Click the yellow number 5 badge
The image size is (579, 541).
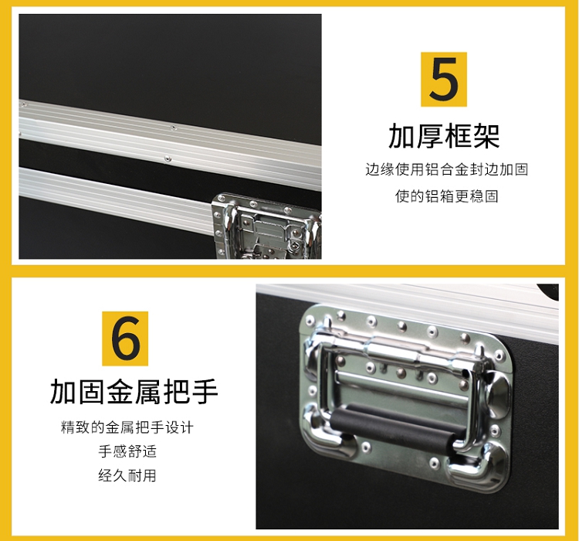click(444, 80)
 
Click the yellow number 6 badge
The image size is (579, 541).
click(125, 339)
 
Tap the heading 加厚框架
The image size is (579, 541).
click(444, 137)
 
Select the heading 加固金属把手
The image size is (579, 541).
click(134, 392)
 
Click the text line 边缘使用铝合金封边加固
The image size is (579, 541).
click(447, 170)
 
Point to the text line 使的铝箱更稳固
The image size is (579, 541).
click(447, 196)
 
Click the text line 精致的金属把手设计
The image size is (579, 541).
click(127, 427)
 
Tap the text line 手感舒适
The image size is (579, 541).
click(127, 451)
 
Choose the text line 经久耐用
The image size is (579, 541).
click(127, 475)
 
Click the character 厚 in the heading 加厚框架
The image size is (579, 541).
click(430, 137)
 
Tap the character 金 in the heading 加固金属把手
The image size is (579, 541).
click(120, 392)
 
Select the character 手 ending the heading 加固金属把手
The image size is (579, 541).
click(205, 392)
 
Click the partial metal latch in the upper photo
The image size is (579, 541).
click(266, 226)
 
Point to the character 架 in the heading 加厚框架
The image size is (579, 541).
click(486, 137)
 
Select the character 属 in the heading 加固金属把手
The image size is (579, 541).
click(148, 392)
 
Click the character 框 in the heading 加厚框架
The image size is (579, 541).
click(459, 137)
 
